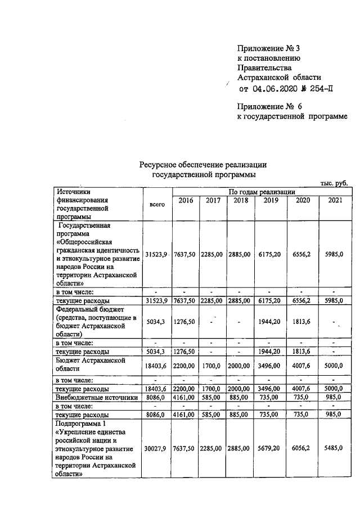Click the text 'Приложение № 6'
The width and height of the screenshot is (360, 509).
pyautogui.click(x=269, y=105)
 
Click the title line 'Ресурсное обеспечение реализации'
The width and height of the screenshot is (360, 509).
pyautogui.click(x=202, y=164)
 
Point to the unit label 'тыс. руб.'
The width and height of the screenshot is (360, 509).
pyautogui.click(x=334, y=184)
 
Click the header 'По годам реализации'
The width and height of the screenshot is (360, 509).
pyautogui.click(x=262, y=192)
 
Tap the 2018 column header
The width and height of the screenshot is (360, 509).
pyautogui.click(x=240, y=200)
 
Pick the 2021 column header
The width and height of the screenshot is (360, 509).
pyautogui.click(x=334, y=200)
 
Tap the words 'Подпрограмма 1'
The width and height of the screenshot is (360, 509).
pyautogui.click(x=80, y=423)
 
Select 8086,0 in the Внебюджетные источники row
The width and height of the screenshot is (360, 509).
pyautogui.click(x=157, y=397)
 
